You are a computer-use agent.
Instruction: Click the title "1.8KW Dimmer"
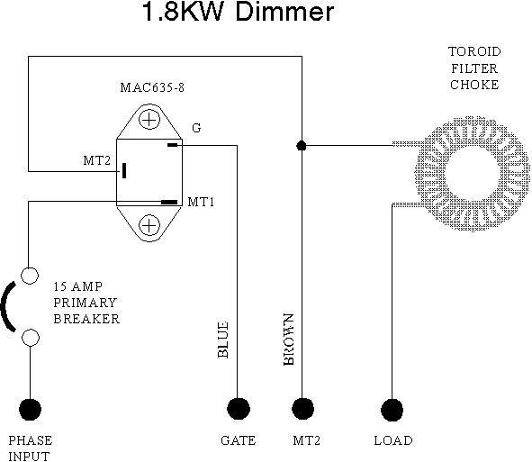(239, 12)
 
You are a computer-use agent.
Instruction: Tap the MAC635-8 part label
(152, 87)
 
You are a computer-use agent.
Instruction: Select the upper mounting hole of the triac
(149, 120)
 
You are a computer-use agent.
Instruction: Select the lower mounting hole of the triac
(149, 225)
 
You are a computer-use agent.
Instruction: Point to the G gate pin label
(196, 128)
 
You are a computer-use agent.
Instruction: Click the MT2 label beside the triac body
(97, 160)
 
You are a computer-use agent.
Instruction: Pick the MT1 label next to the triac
(201, 202)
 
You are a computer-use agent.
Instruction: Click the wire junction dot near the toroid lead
(302, 146)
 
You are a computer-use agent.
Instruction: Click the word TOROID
(474, 51)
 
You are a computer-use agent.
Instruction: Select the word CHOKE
(474, 85)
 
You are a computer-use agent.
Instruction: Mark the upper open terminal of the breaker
(30, 276)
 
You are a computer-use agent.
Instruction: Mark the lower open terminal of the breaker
(31, 338)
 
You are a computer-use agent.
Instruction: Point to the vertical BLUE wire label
(222, 340)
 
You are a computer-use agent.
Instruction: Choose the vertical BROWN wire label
(288, 340)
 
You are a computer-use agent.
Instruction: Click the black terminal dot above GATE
(239, 409)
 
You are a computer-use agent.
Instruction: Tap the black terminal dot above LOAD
(392, 410)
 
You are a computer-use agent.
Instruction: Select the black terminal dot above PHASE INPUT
(31, 410)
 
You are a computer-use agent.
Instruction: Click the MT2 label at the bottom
(307, 440)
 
